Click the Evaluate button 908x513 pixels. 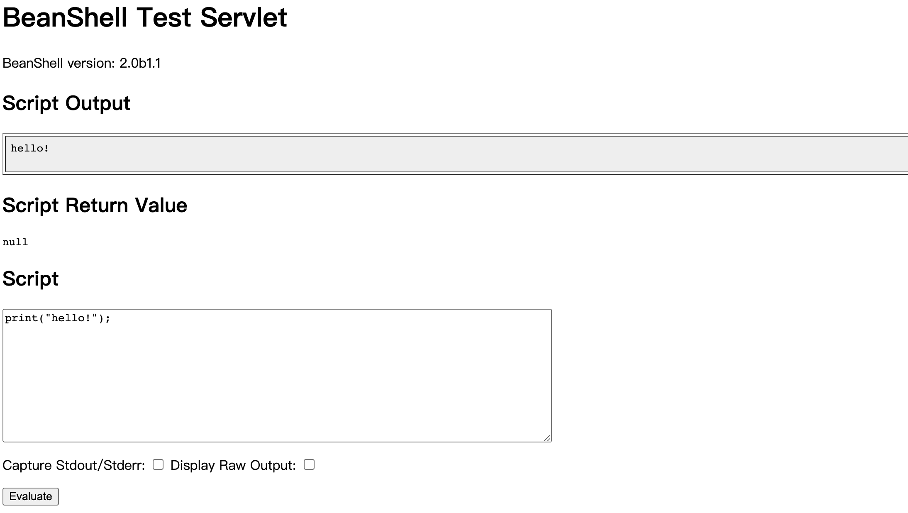31,496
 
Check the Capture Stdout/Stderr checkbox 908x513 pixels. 158,464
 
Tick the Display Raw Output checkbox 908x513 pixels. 309,464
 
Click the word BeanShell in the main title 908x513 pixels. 65,17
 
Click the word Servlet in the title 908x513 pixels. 244,17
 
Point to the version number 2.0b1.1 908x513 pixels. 140,63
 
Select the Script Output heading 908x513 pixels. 66,103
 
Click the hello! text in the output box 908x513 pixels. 30,148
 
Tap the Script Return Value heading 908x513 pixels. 95,205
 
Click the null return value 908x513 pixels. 15,242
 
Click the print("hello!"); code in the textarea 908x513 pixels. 58,318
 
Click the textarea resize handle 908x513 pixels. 547,437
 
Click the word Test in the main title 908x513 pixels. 164,17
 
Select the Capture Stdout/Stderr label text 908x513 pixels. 74,465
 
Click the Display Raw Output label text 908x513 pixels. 233,465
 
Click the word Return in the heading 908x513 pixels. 97,205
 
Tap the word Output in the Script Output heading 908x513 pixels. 98,103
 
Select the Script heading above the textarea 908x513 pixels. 31,279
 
